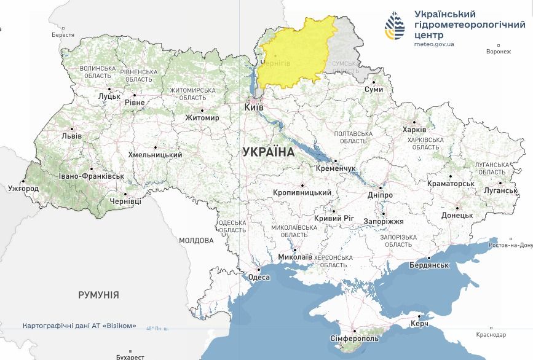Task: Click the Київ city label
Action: (x=254, y=108)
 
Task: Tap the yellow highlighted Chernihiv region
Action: (x=295, y=52)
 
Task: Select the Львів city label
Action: (x=71, y=136)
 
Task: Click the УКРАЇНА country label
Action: (x=268, y=151)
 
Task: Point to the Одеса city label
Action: (x=259, y=277)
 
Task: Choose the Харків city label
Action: (x=414, y=130)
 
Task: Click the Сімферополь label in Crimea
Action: (x=355, y=338)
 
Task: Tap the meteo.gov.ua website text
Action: (x=434, y=44)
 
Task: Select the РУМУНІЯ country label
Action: (x=98, y=295)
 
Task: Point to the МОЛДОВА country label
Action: (x=196, y=241)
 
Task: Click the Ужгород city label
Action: (x=23, y=189)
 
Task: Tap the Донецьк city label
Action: (x=457, y=216)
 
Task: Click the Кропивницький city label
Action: (x=302, y=193)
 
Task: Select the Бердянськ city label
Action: (x=430, y=265)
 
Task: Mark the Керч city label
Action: (x=419, y=323)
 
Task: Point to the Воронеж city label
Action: (x=498, y=52)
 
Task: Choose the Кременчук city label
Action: (x=335, y=168)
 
